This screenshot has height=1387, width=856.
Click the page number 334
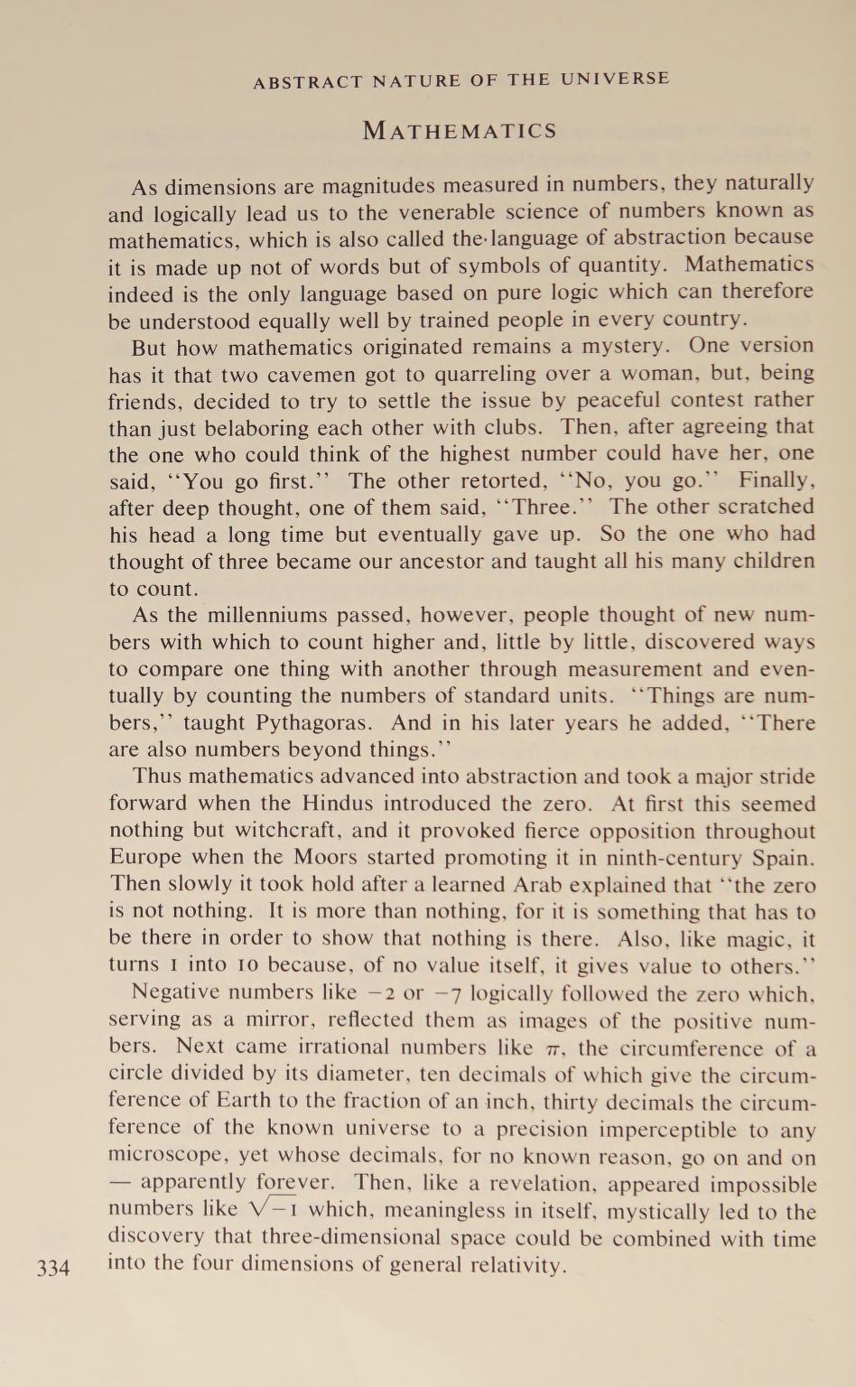53,1268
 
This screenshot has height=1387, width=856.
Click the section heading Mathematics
460,131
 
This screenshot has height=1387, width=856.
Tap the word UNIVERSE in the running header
615,79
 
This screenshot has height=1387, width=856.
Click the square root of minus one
271,1210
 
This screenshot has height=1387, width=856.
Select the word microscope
166,1156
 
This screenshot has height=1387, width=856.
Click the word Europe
144,857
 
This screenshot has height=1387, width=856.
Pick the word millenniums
266,616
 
